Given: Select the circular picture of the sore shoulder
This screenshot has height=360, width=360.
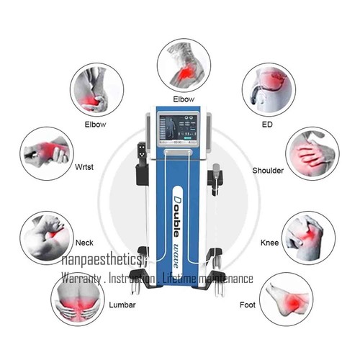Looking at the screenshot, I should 312,155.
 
